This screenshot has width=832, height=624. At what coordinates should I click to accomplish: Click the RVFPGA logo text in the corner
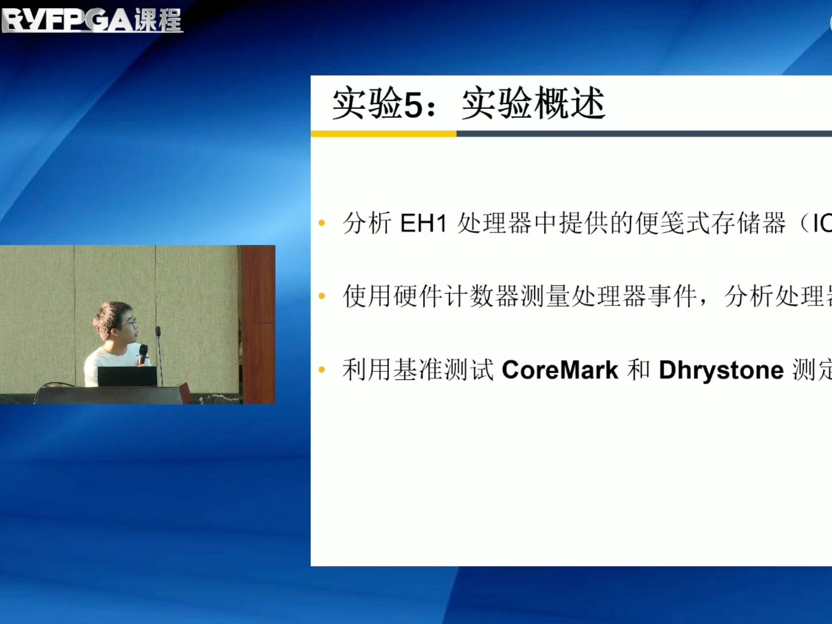click(x=68, y=20)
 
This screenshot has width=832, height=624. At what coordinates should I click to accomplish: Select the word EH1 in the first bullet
click(x=423, y=224)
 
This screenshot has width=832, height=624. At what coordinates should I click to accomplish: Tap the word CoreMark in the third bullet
click(x=560, y=370)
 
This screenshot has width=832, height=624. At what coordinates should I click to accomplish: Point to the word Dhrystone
click(x=721, y=370)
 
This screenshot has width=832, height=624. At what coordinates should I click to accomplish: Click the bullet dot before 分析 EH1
click(x=322, y=223)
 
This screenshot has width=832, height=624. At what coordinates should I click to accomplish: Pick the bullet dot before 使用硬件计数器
click(x=322, y=296)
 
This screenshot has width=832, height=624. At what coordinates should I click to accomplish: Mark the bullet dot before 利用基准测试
click(x=322, y=370)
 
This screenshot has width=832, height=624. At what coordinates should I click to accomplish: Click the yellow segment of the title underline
click(x=383, y=134)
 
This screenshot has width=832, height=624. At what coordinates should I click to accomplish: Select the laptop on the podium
click(x=127, y=376)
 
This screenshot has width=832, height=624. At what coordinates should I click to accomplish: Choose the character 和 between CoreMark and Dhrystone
click(x=638, y=370)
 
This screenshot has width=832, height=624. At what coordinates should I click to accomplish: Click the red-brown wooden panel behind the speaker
click(x=258, y=311)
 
